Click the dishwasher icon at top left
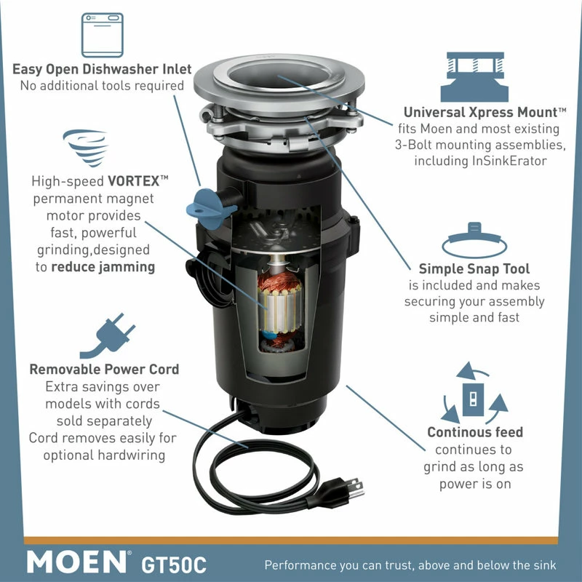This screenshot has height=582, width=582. (102, 36)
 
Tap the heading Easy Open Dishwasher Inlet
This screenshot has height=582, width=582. (102, 70)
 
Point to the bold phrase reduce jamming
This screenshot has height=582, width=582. (103, 266)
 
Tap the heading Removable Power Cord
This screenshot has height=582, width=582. (104, 370)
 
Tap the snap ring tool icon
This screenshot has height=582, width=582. (474, 241)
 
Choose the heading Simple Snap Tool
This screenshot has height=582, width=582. (474, 269)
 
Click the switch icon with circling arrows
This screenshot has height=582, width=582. (474, 396)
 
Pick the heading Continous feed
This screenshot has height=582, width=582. (474, 433)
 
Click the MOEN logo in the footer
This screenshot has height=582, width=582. (77, 562)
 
